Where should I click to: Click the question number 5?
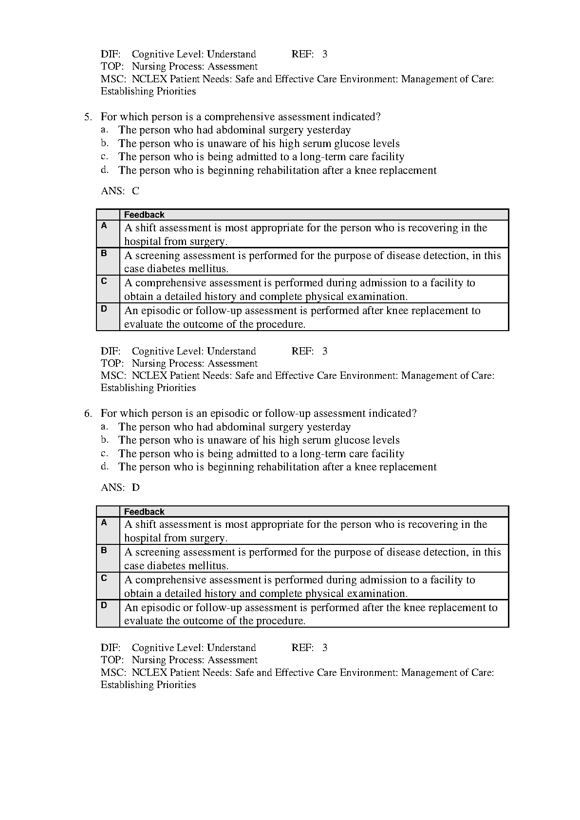click(87, 117)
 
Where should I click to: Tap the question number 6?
click(87, 413)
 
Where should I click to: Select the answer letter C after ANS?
click(135, 191)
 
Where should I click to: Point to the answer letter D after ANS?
click(135, 487)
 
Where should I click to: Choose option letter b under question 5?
click(104, 143)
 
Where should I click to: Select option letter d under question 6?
click(104, 466)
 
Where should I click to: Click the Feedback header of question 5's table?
click(144, 215)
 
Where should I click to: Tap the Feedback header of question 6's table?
click(144, 512)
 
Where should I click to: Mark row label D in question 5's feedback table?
click(104, 308)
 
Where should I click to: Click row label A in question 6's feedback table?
click(104, 522)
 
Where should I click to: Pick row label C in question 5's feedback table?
click(104, 280)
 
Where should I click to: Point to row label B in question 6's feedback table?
click(104, 550)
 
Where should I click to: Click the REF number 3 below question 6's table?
click(325, 648)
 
